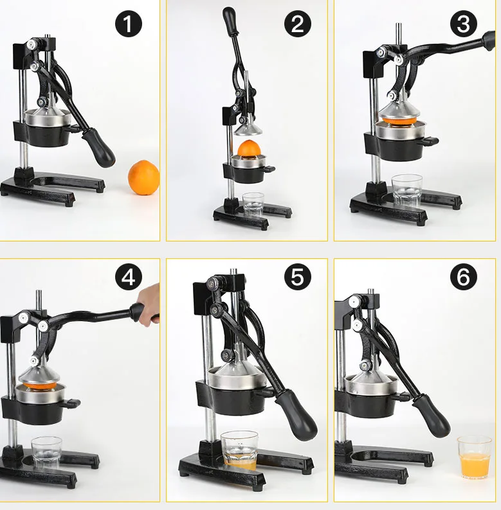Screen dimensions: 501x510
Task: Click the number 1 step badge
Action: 129,23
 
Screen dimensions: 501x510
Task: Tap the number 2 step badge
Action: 297,23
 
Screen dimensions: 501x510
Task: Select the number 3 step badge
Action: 463,23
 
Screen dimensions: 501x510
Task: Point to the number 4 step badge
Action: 129,277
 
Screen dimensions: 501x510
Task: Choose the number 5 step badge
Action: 297,277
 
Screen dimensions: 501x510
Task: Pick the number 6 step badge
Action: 463,277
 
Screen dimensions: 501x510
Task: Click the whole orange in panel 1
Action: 143,177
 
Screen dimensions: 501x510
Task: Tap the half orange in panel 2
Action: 249,148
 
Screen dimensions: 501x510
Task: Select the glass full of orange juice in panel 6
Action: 474,457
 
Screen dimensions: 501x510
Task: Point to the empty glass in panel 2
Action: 253,205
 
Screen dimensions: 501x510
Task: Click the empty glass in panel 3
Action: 406,191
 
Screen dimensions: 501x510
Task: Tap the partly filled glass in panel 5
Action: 239,450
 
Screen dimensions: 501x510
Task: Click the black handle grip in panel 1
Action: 98,147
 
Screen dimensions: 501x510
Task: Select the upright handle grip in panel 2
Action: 229,21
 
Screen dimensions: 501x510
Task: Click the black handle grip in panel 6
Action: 432,416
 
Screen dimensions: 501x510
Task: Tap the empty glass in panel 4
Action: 46,453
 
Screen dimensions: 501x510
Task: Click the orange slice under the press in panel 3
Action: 400,120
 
